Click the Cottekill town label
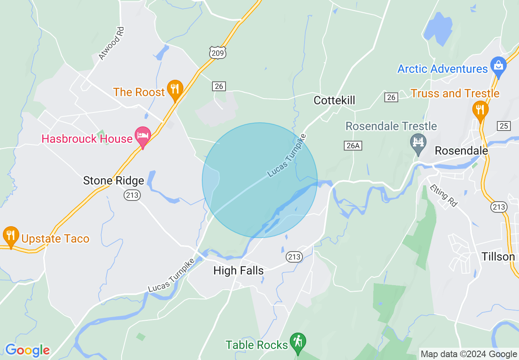click(x=334, y=100)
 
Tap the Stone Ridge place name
click(x=113, y=180)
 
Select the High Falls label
click(x=239, y=270)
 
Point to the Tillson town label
click(x=498, y=256)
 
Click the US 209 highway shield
click(x=217, y=52)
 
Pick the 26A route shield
click(x=353, y=145)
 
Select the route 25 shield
click(x=504, y=126)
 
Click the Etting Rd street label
click(x=444, y=196)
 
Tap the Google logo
click(x=27, y=350)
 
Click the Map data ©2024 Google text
click(x=469, y=354)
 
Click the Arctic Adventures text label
click(x=443, y=69)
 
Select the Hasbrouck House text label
click(x=87, y=139)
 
